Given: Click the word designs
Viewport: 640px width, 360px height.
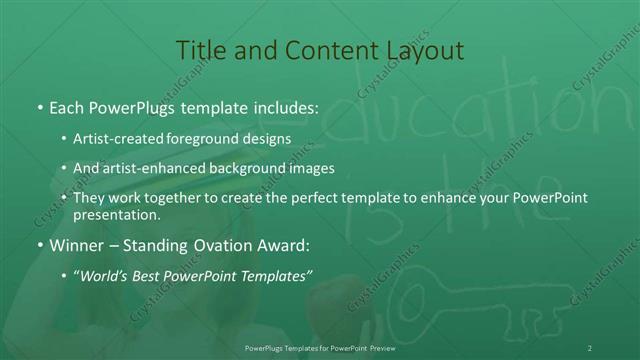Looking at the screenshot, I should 267,137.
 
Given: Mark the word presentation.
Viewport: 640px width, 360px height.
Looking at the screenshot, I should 116,215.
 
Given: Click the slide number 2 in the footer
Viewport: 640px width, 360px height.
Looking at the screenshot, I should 590,348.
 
